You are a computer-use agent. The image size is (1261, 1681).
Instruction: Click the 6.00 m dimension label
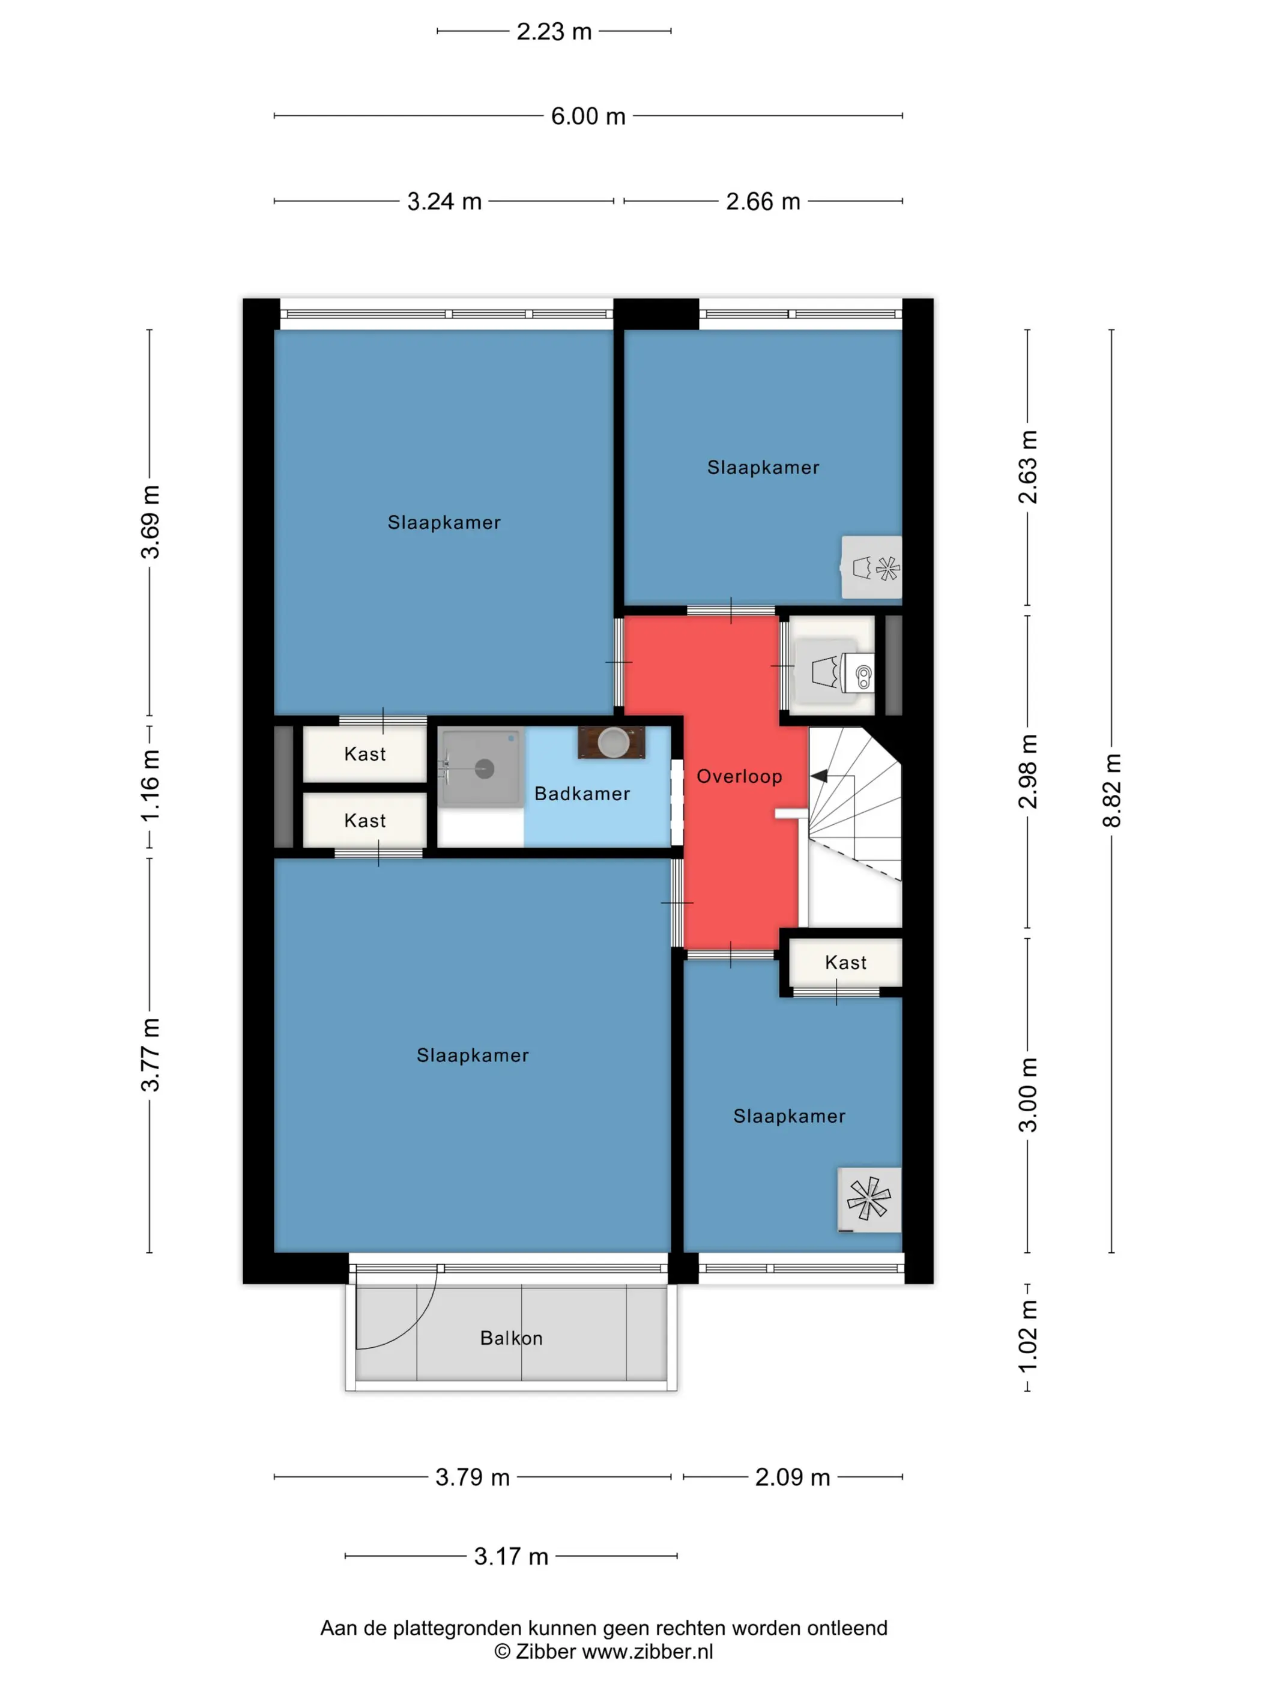tap(587, 116)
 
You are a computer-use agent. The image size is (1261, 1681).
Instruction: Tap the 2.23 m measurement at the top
tap(554, 32)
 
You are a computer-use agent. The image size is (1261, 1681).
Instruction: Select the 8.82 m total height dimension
tap(1111, 790)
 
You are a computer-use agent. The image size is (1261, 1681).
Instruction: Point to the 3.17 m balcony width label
tap(511, 1556)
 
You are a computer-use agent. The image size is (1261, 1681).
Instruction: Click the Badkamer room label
tap(582, 794)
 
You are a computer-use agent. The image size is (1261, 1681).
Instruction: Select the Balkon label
tap(512, 1338)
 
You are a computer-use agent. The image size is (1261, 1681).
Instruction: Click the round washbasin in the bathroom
tap(612, 743)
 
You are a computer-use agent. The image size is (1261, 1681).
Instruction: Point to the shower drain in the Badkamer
tap(484, 769)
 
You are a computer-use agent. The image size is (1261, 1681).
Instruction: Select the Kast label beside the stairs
tap(845, 963)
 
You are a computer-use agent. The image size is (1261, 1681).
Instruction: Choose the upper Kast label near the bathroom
tap(365, 754)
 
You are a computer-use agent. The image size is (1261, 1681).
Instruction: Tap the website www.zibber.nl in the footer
tap(647, 1652)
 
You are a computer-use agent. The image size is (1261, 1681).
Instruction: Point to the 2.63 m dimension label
tap(1027, 466)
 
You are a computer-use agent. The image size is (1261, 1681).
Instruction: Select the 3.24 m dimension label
tap(445, 201)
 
